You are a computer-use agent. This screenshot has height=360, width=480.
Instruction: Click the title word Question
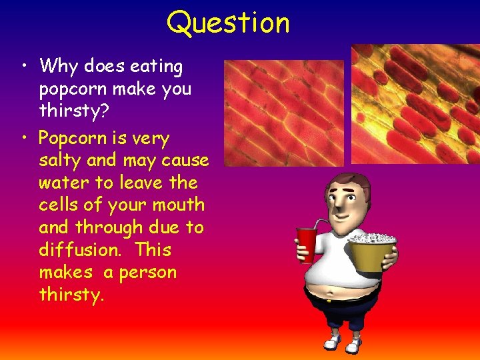(228, 23)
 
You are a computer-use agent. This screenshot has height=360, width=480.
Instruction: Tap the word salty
(59, 161)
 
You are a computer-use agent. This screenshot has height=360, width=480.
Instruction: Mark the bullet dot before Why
(24, 67)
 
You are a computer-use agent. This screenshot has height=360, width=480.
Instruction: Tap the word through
(109, 227)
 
